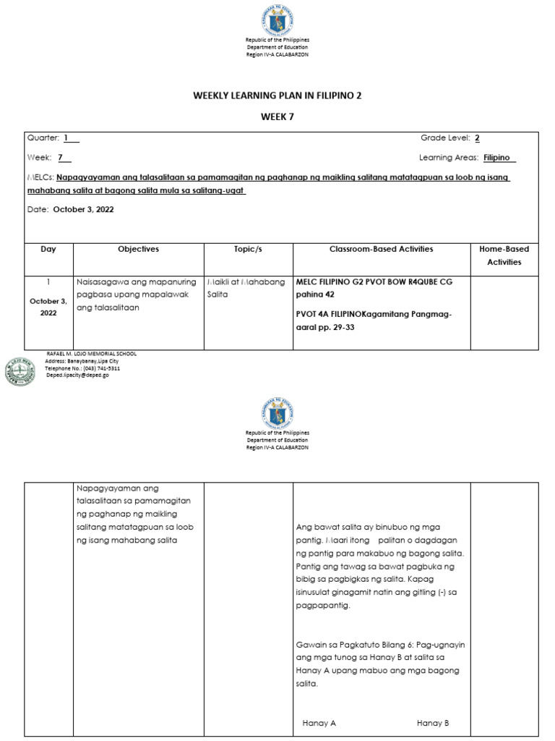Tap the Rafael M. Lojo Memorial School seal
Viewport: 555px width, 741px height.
coord(20,372)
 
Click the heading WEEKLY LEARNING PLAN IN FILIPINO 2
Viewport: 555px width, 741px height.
coord(277,95)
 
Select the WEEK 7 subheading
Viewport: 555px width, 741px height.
coord(277,116)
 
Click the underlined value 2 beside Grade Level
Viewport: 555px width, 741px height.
coord(477,138)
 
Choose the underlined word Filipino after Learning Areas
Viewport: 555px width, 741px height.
coord(499,158)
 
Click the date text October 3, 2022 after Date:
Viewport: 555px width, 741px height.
coord(84,210)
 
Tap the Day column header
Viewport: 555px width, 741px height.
coord(48,249)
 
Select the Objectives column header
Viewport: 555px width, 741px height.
coord(139,249)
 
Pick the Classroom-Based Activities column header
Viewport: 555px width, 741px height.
coord(382,249)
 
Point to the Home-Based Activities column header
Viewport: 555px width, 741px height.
coord(504,255)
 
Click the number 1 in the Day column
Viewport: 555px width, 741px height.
coord(48,281)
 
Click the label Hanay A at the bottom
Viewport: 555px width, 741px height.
coord(319,723)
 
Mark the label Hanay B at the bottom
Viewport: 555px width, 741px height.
coord(433,723)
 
